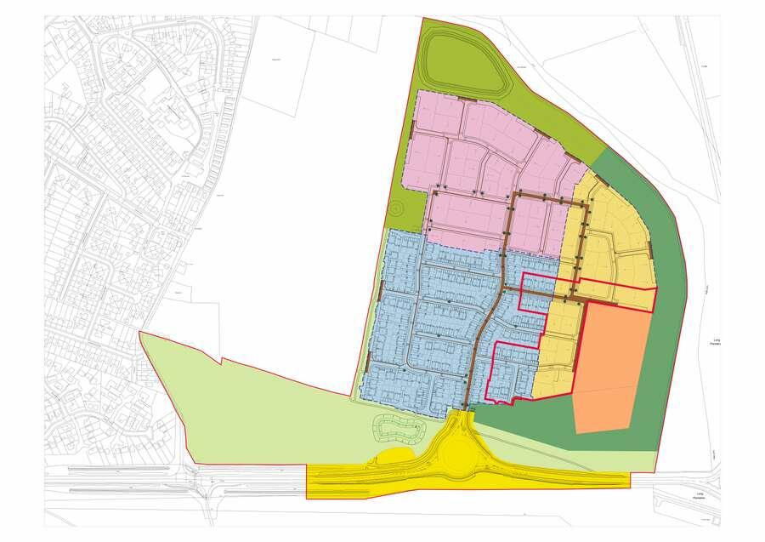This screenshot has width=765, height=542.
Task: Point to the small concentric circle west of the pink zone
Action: tap(396, 208)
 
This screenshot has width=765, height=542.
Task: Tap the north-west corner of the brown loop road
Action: tap(516, 196)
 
